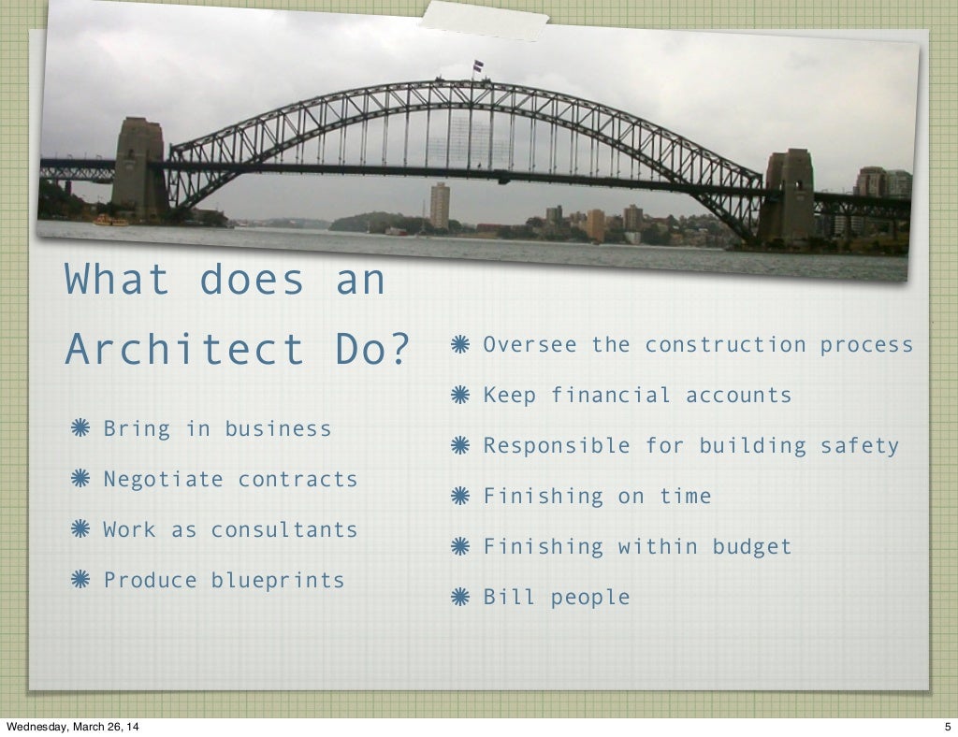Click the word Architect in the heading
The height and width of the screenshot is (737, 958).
[184, 350]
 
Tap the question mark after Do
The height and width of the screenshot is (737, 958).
[399, 350]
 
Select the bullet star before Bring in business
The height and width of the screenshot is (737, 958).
[80, 429]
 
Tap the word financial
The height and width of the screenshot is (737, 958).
[610, 396]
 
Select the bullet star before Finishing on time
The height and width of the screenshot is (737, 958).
[459, 497]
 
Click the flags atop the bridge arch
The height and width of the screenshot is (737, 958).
[478, 66]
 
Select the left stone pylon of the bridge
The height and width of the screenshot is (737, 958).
[139, 168]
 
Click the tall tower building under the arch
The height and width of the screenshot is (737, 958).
[440, 206]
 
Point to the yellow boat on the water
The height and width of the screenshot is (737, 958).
[110, 221]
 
